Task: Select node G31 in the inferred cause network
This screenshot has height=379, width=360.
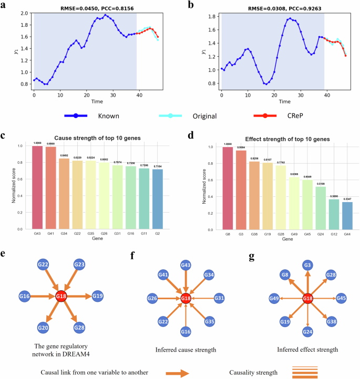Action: (x=219, y=299)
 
